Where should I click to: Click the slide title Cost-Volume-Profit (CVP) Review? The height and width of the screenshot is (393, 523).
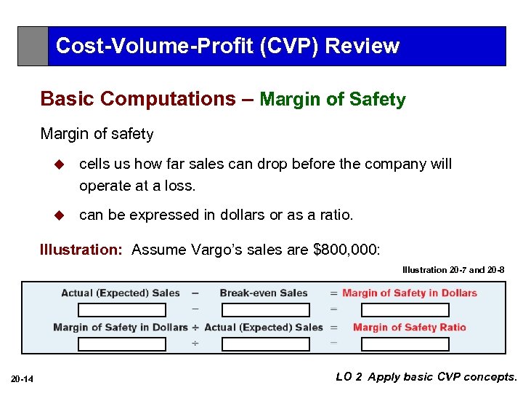(227, 46)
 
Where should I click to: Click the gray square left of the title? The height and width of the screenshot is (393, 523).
(33, 47)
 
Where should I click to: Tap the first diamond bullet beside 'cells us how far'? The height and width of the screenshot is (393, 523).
(60, 164)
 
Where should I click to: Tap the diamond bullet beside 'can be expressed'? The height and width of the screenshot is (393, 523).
(60, 215)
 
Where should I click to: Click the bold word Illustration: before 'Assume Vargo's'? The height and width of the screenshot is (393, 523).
(81, 250)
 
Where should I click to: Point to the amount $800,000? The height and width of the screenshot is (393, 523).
(345, 250)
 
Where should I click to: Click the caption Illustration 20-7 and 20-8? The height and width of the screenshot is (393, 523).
(453, 270)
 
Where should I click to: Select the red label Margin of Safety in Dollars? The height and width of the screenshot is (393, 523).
(410, 293)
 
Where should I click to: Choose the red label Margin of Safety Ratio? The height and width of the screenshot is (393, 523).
(410, 327)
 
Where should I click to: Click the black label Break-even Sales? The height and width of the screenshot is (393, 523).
(264, 293)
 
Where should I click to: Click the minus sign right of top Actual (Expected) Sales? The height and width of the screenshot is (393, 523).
(195, 293)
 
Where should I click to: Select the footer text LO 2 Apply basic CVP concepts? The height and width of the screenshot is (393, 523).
(426, 377)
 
